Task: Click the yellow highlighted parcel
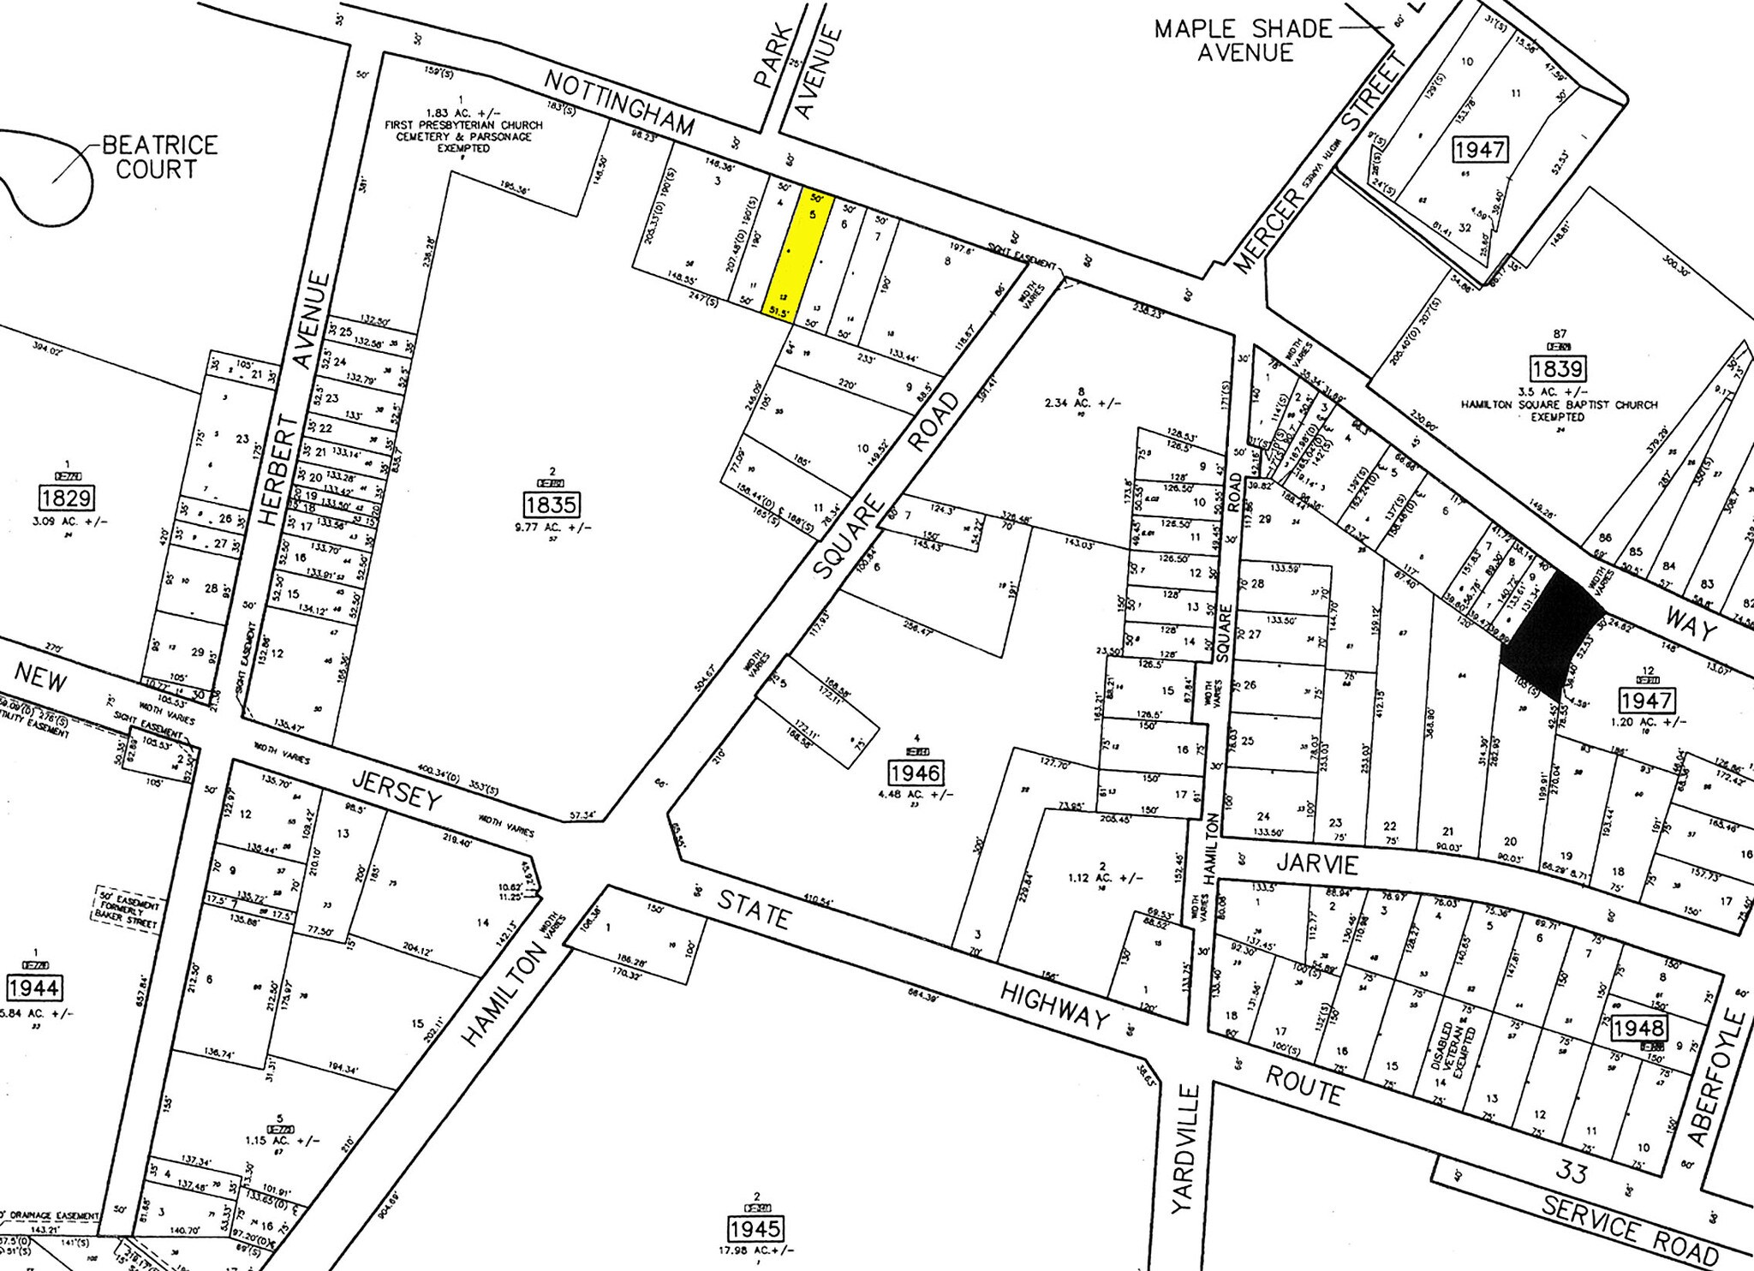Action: pos(805,255)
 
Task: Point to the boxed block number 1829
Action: pos(65,498)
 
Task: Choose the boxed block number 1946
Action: pos(916,773)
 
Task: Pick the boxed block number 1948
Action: pos(1638,1028)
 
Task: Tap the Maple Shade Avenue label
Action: pos(1244,40)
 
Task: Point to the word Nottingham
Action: pos(619,102)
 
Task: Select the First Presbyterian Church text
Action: pos(463,125)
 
